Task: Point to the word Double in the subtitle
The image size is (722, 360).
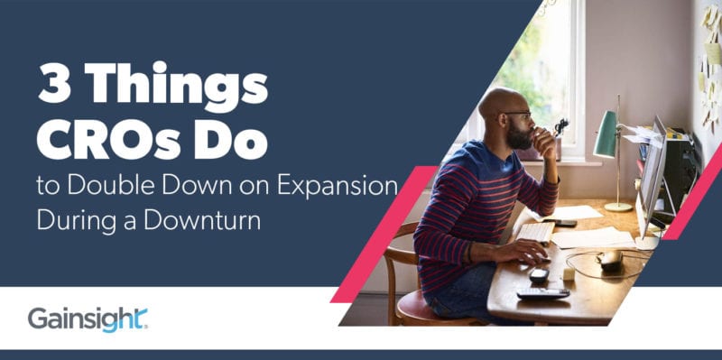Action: pyautogui.click(x=111, y=188)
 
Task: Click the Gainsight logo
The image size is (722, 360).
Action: pyautogui.click(x=88, y=318)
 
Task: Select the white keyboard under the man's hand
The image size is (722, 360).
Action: pyautogui.click(x=536, y=233)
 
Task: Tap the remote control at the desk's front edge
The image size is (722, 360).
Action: pyautogui.click(x=542, y=292)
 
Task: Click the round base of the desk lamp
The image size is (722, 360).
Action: pyautogui.click(x=617, y=207)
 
